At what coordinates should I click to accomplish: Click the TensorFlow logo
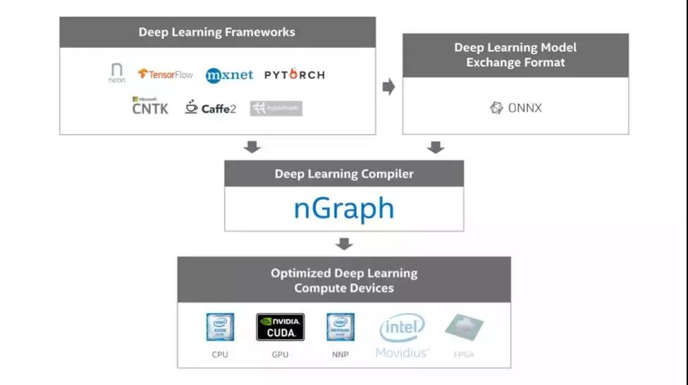(165, 74)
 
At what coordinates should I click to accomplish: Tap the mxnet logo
(229, 75)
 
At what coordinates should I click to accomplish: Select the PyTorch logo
(294, 75)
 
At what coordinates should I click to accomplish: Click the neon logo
(117, 73)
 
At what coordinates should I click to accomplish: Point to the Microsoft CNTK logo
(150, 106)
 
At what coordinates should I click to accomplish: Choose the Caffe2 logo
(210, 108)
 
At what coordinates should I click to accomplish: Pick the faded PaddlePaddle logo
(276, 108)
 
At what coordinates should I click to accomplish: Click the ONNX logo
(516, 108)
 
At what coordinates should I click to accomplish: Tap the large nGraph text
(343, 208)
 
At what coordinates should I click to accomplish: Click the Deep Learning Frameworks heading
(217, 32)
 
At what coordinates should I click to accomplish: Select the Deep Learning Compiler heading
(344, 174)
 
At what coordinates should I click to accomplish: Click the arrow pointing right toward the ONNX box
(388, 87)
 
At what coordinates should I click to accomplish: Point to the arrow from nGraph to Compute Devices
(344, 244)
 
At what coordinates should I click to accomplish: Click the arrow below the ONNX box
(436, 147)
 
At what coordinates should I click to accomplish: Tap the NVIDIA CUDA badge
(280, 327)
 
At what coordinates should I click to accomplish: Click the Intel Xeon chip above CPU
(220, 327)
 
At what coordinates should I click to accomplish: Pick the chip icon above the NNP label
(340, 327)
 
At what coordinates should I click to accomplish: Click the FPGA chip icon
(464, 328)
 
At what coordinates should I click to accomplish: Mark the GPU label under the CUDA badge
(280, 354)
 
